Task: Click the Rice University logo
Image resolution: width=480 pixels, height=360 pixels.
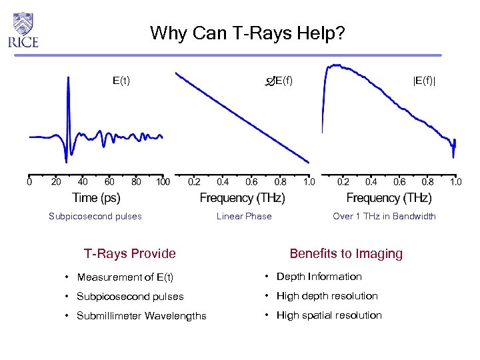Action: [x=23, y=30]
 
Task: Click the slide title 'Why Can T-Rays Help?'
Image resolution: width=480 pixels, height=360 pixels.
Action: [x=247, y=33]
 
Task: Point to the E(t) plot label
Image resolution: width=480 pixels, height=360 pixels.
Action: [x=121, y=81]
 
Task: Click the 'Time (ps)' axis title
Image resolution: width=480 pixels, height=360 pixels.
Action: [x=97, y=198]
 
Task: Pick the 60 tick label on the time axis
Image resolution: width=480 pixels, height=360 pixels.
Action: [x=109, y=181]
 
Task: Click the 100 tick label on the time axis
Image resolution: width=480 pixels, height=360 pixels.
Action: [x=162, y=181]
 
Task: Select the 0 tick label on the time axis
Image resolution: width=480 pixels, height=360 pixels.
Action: [x=29, y=181]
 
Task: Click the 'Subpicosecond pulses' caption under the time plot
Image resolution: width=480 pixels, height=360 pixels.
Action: [x=95, y=216]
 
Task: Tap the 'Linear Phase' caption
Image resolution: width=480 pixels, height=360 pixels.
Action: [x=244, y=216]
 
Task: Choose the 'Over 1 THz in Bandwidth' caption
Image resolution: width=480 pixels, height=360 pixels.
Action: [x=384, y=216]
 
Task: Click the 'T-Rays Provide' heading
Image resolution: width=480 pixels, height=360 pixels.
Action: [x=130, y=253]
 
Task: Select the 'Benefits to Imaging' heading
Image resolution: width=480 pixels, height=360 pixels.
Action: [x=346, y=253]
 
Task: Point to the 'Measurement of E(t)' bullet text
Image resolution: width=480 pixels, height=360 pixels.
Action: [x=125, y=277]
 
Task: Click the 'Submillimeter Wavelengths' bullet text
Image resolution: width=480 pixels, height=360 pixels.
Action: [x=141, y=316]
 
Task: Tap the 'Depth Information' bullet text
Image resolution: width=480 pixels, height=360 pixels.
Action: [x=319, y=277]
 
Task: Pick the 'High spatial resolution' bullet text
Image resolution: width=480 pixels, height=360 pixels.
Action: [x=329, y=315]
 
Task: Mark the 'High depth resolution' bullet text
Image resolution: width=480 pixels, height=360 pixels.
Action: [x=327, y=296]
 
